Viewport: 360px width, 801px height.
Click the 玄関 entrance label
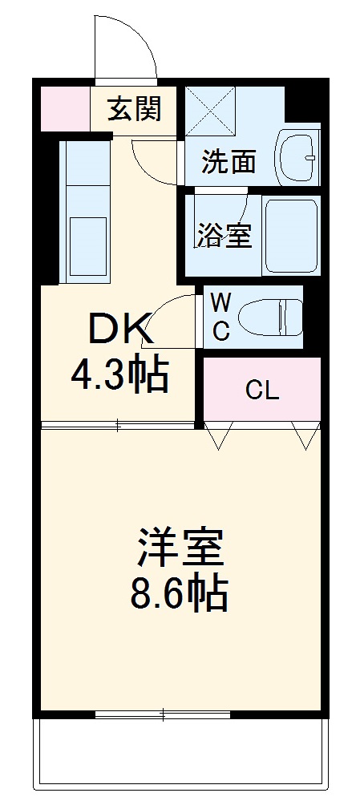point(136,108)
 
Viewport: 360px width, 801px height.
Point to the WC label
point(221,317)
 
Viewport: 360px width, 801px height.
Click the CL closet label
point(262,390)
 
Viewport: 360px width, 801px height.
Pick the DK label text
point(119,328)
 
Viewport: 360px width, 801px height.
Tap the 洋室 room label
point(180,548)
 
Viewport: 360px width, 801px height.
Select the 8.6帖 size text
point(180,594)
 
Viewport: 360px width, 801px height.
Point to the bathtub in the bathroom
point(291,233)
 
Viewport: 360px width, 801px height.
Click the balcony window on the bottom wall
point(163,713)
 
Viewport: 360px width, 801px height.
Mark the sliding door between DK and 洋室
point(118,424)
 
